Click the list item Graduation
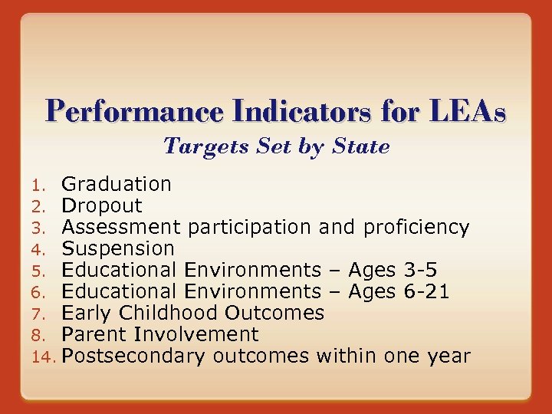coord(117,184)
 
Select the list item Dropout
coord(102,205)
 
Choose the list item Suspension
coord(118,248)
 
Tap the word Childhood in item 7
coord(172,313)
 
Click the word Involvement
coord(196,334)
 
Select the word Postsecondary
coord(134,356)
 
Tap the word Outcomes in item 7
coord(274,313)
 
